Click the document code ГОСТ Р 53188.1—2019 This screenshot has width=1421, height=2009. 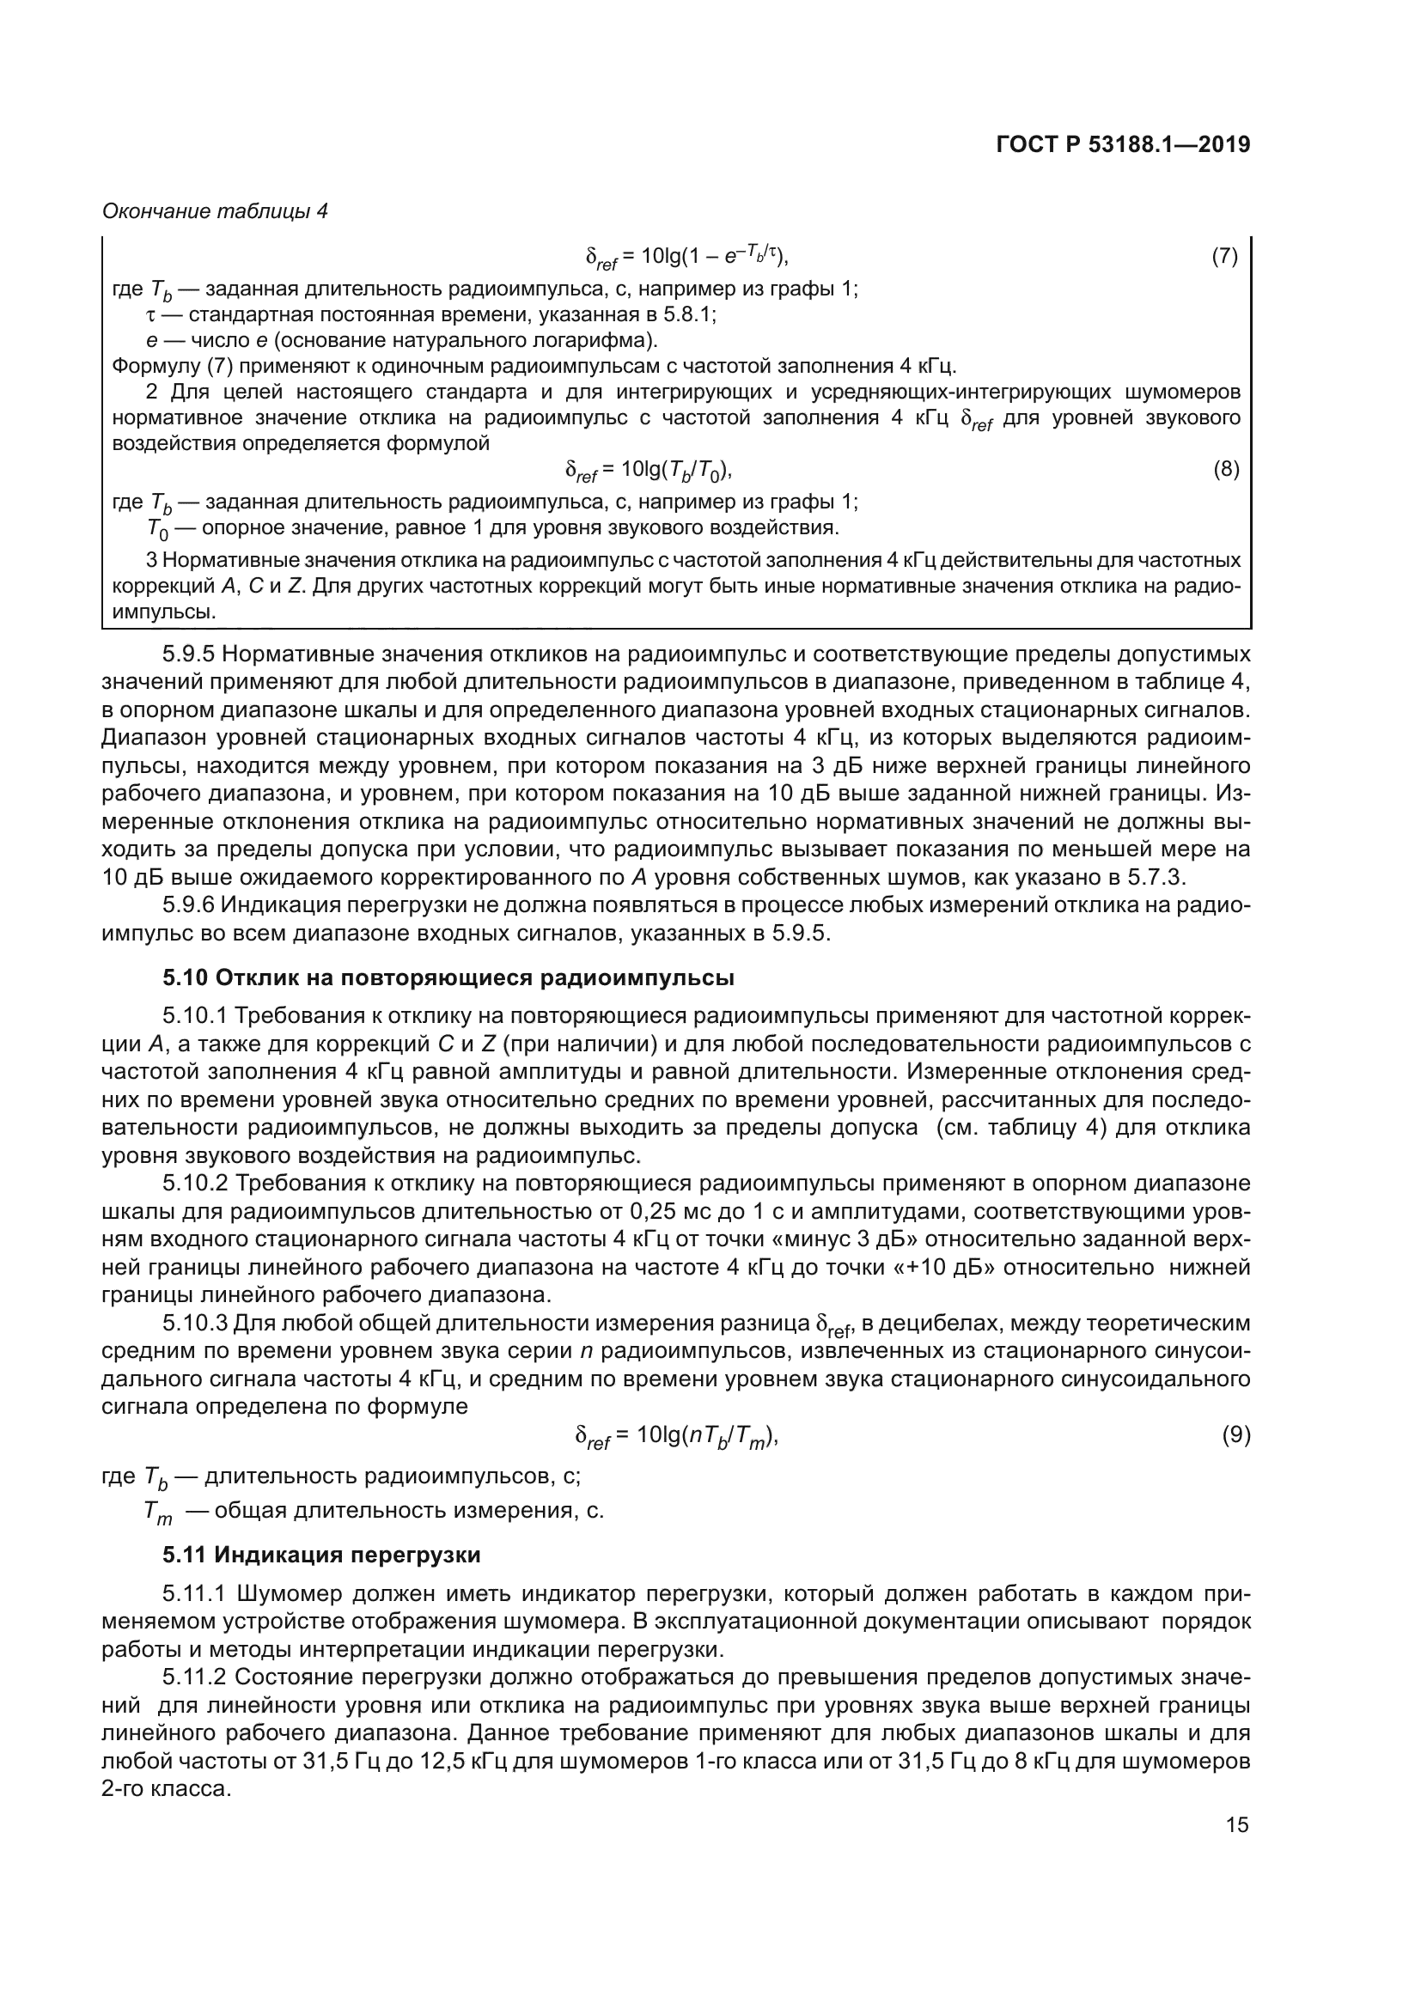tap(1124, 145)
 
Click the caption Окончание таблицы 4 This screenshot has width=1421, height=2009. tap(215, 211)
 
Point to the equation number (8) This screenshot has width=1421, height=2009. tap(1226, 470)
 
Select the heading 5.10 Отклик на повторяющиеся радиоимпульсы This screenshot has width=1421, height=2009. tap(448, 977)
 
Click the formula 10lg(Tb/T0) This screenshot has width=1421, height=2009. tap(649, 471)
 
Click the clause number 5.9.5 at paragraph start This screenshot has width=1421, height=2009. tap(193, 654)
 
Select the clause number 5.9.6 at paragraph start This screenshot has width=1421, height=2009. tap(193, 904)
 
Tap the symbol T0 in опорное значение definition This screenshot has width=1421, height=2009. tap(157, 529)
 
